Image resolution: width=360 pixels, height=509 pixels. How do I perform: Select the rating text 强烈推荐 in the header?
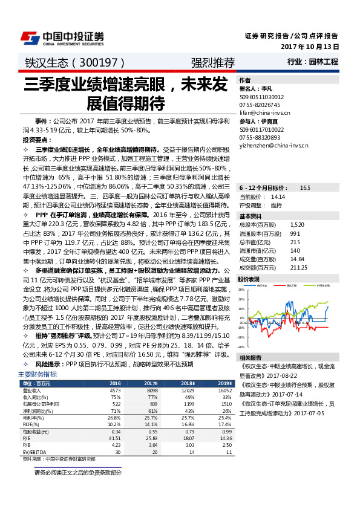coord(212,62)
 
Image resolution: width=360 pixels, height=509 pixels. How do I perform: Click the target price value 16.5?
coord(305,188)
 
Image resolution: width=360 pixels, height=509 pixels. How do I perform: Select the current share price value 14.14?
coord(278,196)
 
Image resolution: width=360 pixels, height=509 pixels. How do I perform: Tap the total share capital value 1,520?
coord(297,224)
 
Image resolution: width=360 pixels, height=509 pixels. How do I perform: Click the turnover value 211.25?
coord(299,267)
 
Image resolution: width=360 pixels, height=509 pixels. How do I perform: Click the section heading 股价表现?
coord(249,279)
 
